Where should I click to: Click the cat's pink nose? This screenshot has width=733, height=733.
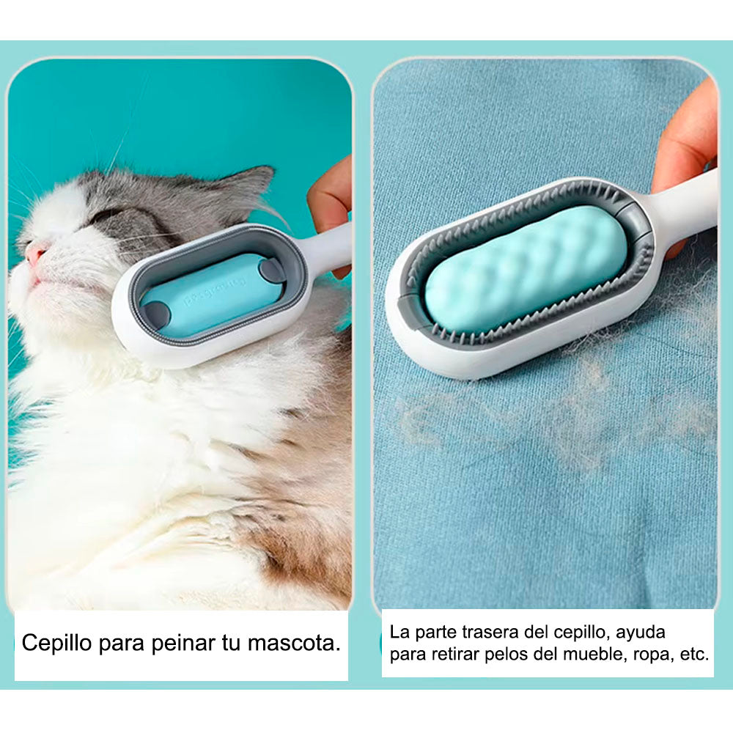(34, 254)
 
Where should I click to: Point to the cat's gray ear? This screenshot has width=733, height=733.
(243, 187)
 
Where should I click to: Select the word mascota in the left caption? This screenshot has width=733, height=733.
(294, 644)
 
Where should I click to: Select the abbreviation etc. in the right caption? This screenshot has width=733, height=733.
(694, 655)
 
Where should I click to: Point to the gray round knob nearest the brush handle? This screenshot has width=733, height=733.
(271, 271)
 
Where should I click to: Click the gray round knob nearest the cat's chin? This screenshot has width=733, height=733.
(156, 314)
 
